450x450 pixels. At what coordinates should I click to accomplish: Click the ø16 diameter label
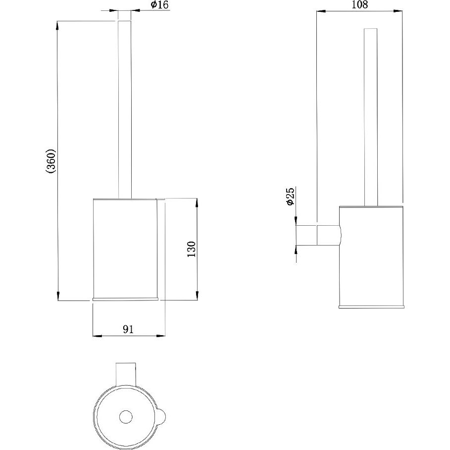point(160,5)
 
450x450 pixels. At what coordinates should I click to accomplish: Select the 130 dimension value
point(191,249)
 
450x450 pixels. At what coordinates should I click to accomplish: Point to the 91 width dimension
point(128,329)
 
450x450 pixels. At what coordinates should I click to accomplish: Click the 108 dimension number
point(359,4)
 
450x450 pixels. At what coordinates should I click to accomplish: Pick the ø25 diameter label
point(290,197)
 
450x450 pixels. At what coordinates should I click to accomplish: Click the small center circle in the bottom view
point(125,417)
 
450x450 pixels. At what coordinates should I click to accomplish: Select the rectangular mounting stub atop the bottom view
point(125,375)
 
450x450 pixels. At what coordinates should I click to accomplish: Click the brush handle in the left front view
point(125,109)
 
